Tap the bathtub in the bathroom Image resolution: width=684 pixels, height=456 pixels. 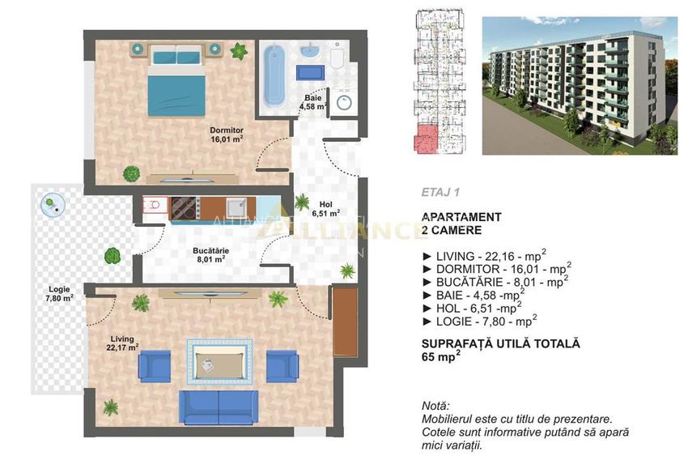(274, 77)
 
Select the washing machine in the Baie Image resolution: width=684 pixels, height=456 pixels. (344, 104)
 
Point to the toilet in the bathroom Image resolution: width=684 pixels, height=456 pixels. (337, 56)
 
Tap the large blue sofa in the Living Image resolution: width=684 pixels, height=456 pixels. (218, 407)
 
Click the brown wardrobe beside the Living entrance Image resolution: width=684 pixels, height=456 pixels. (345, 322)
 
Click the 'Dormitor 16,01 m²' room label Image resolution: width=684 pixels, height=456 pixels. (227, 134)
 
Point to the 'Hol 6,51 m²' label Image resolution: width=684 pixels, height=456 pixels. (325, 210)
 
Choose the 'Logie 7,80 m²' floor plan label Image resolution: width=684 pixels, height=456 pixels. (59, 292)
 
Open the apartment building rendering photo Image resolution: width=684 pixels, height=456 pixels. (578, 85)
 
